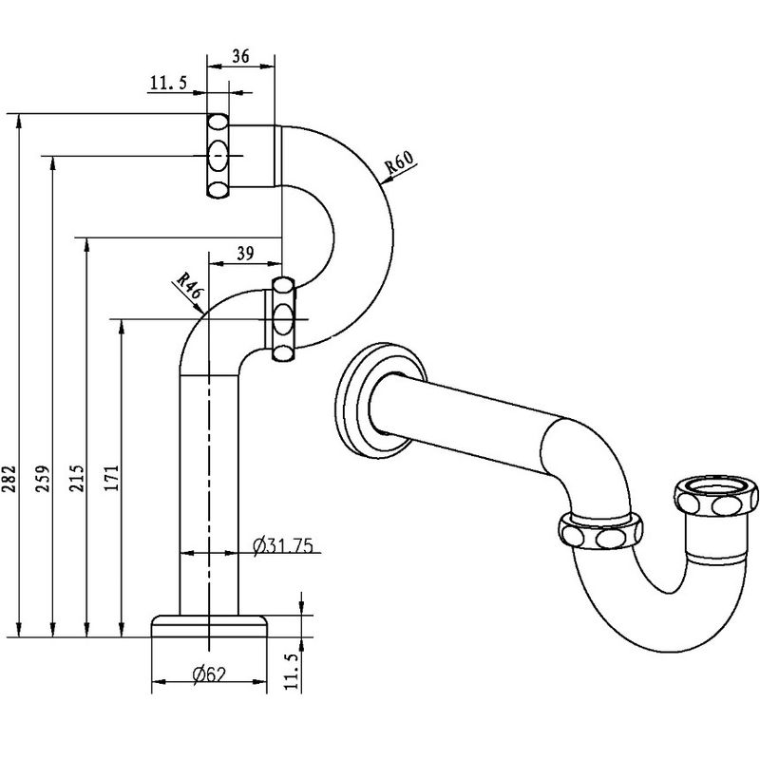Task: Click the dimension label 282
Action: click(x=10, y=479)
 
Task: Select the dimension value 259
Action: click(x=44, y=479)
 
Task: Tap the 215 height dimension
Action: click(x=78, y=479)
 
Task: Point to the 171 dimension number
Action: click(x=112, y=479)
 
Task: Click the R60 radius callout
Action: click(x=399, y=162)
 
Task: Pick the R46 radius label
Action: click(x=189, y=286)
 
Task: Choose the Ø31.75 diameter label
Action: click(x=282, y=545)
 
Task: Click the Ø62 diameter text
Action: click(x=209, y=674)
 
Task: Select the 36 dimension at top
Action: click(x=240, y=57)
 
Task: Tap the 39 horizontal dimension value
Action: click(x=245, y=253)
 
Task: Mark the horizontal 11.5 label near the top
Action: click(x=168, y=83)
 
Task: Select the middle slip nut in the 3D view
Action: click(x=600, y=532)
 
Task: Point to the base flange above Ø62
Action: click(x=209, y=626)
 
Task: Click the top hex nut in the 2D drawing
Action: click(x=218, y=156)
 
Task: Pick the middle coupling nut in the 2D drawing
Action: click(x=283, y=319)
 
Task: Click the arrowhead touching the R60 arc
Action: click(x=387, y=180)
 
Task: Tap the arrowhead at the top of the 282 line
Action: click(x=19, y=122)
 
